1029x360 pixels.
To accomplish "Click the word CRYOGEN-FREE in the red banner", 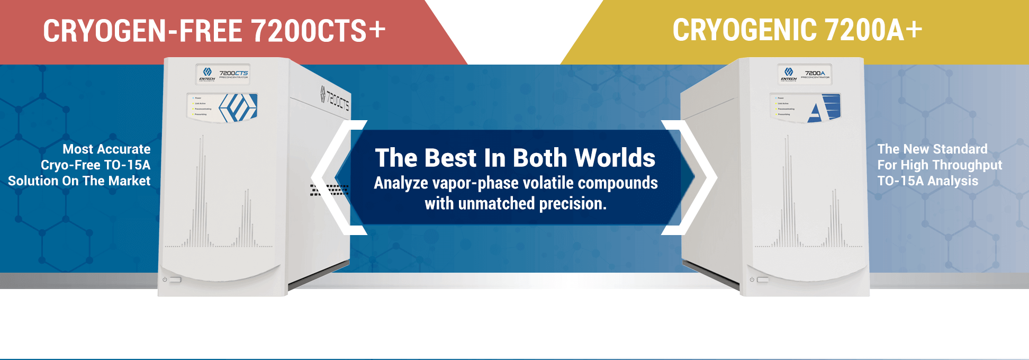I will click(142, 31).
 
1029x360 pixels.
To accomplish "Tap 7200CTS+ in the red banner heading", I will click(318, 31).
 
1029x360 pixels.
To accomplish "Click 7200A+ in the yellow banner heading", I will click(873, 30).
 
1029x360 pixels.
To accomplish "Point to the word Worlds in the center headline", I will click(615, 158).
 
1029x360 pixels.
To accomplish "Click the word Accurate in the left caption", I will click(124, 149).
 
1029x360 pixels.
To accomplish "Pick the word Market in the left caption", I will click(129, 181).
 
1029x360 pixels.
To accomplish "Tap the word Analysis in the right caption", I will click(953, 181).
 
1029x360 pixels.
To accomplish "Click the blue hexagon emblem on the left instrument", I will click(238, 107).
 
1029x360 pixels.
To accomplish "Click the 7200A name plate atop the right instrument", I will click(805, 75).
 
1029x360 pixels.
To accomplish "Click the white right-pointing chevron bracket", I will click(700, 177).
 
